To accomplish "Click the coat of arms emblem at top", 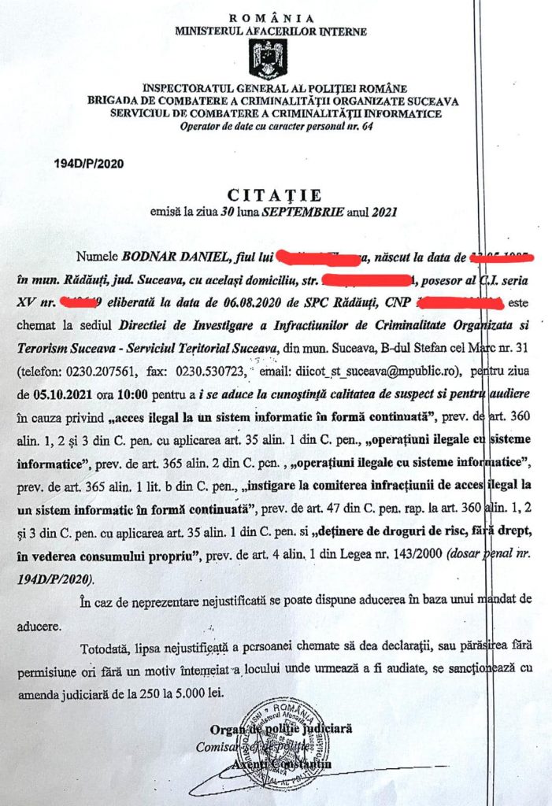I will click(268, 58).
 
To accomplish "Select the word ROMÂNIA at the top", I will click(272, 18).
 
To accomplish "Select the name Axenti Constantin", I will click(283, 763).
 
